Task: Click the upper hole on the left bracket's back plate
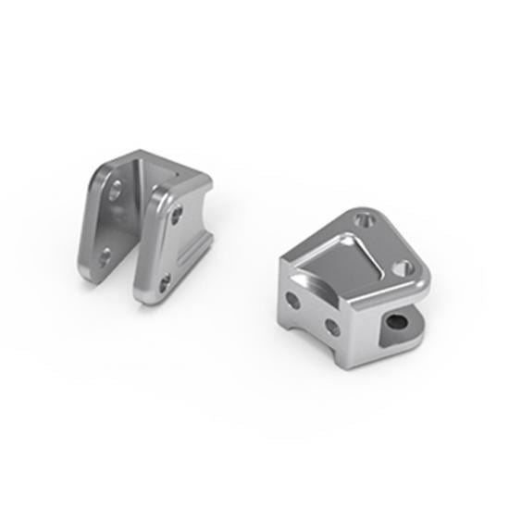coord(117,192)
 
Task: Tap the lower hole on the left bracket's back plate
coord(105,254)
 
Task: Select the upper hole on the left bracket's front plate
coord(176,216)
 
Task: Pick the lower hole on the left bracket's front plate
coord(164,281)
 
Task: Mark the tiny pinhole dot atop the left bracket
coord(170,171)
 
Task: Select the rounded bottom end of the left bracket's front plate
coord(148,301)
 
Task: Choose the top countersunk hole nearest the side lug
coord(401,267)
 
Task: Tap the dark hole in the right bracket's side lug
coord(398,321)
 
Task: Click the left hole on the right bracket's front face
coord(293,301)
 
